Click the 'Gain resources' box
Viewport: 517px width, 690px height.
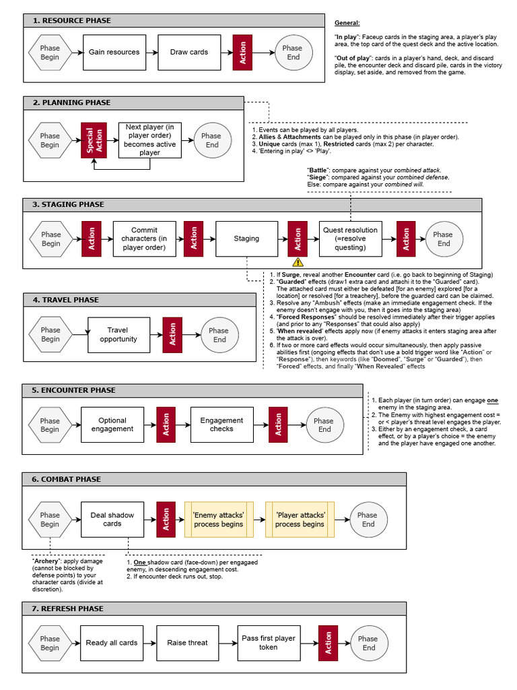114,53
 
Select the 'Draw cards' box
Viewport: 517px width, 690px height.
188,53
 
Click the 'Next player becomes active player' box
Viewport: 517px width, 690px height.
150,140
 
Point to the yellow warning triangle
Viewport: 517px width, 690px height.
298,262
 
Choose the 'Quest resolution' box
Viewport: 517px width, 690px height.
350,239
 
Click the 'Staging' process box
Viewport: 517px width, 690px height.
246,239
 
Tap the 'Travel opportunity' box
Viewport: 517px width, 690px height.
118,335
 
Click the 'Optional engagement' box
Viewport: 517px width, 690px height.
112,425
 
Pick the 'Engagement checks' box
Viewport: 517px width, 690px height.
221,425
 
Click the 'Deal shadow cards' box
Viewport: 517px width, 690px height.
112,519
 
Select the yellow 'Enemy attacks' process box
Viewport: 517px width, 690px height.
219,519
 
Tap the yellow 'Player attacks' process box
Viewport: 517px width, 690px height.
300,519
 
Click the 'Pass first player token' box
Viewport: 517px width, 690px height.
268,643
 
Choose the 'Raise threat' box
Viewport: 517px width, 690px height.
187,643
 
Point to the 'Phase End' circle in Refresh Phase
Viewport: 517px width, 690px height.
368,643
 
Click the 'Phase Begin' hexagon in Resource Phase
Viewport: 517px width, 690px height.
50,53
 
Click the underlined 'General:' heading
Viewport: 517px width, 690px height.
347,23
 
